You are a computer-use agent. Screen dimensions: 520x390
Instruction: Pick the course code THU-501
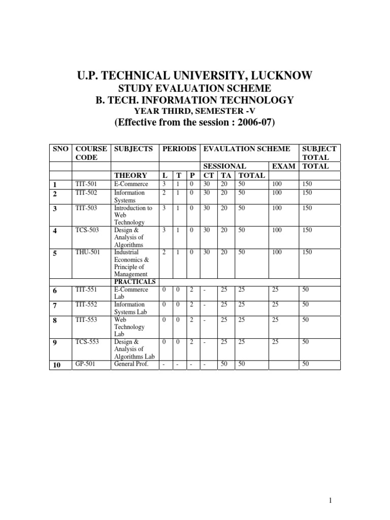[86, 252]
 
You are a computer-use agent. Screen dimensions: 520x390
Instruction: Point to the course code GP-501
[84, 364]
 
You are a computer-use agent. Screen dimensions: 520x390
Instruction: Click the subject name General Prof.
[131, 364]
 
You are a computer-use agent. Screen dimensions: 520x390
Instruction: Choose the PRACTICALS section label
[135, 282]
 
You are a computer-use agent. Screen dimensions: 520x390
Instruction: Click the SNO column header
[60, 149]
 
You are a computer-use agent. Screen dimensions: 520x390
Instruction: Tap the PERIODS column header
[179, 149]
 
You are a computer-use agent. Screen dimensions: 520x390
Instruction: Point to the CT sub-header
[208, 175]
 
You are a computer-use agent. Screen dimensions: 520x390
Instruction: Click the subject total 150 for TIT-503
[307, 208]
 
